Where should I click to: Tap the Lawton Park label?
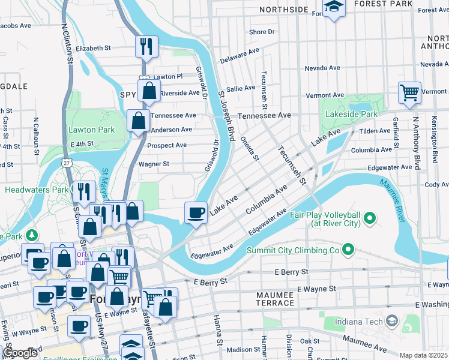click(91, 130)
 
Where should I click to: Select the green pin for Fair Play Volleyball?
click(370, 217)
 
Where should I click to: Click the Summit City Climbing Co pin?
click(347, 248)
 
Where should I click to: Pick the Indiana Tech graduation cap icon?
click(392, 321)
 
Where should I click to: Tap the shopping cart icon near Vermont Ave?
click(409, 93)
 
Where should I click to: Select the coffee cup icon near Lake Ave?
click(196, 212)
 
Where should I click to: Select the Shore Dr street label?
click(262, 32)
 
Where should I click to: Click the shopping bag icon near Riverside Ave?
click(149, 91)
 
